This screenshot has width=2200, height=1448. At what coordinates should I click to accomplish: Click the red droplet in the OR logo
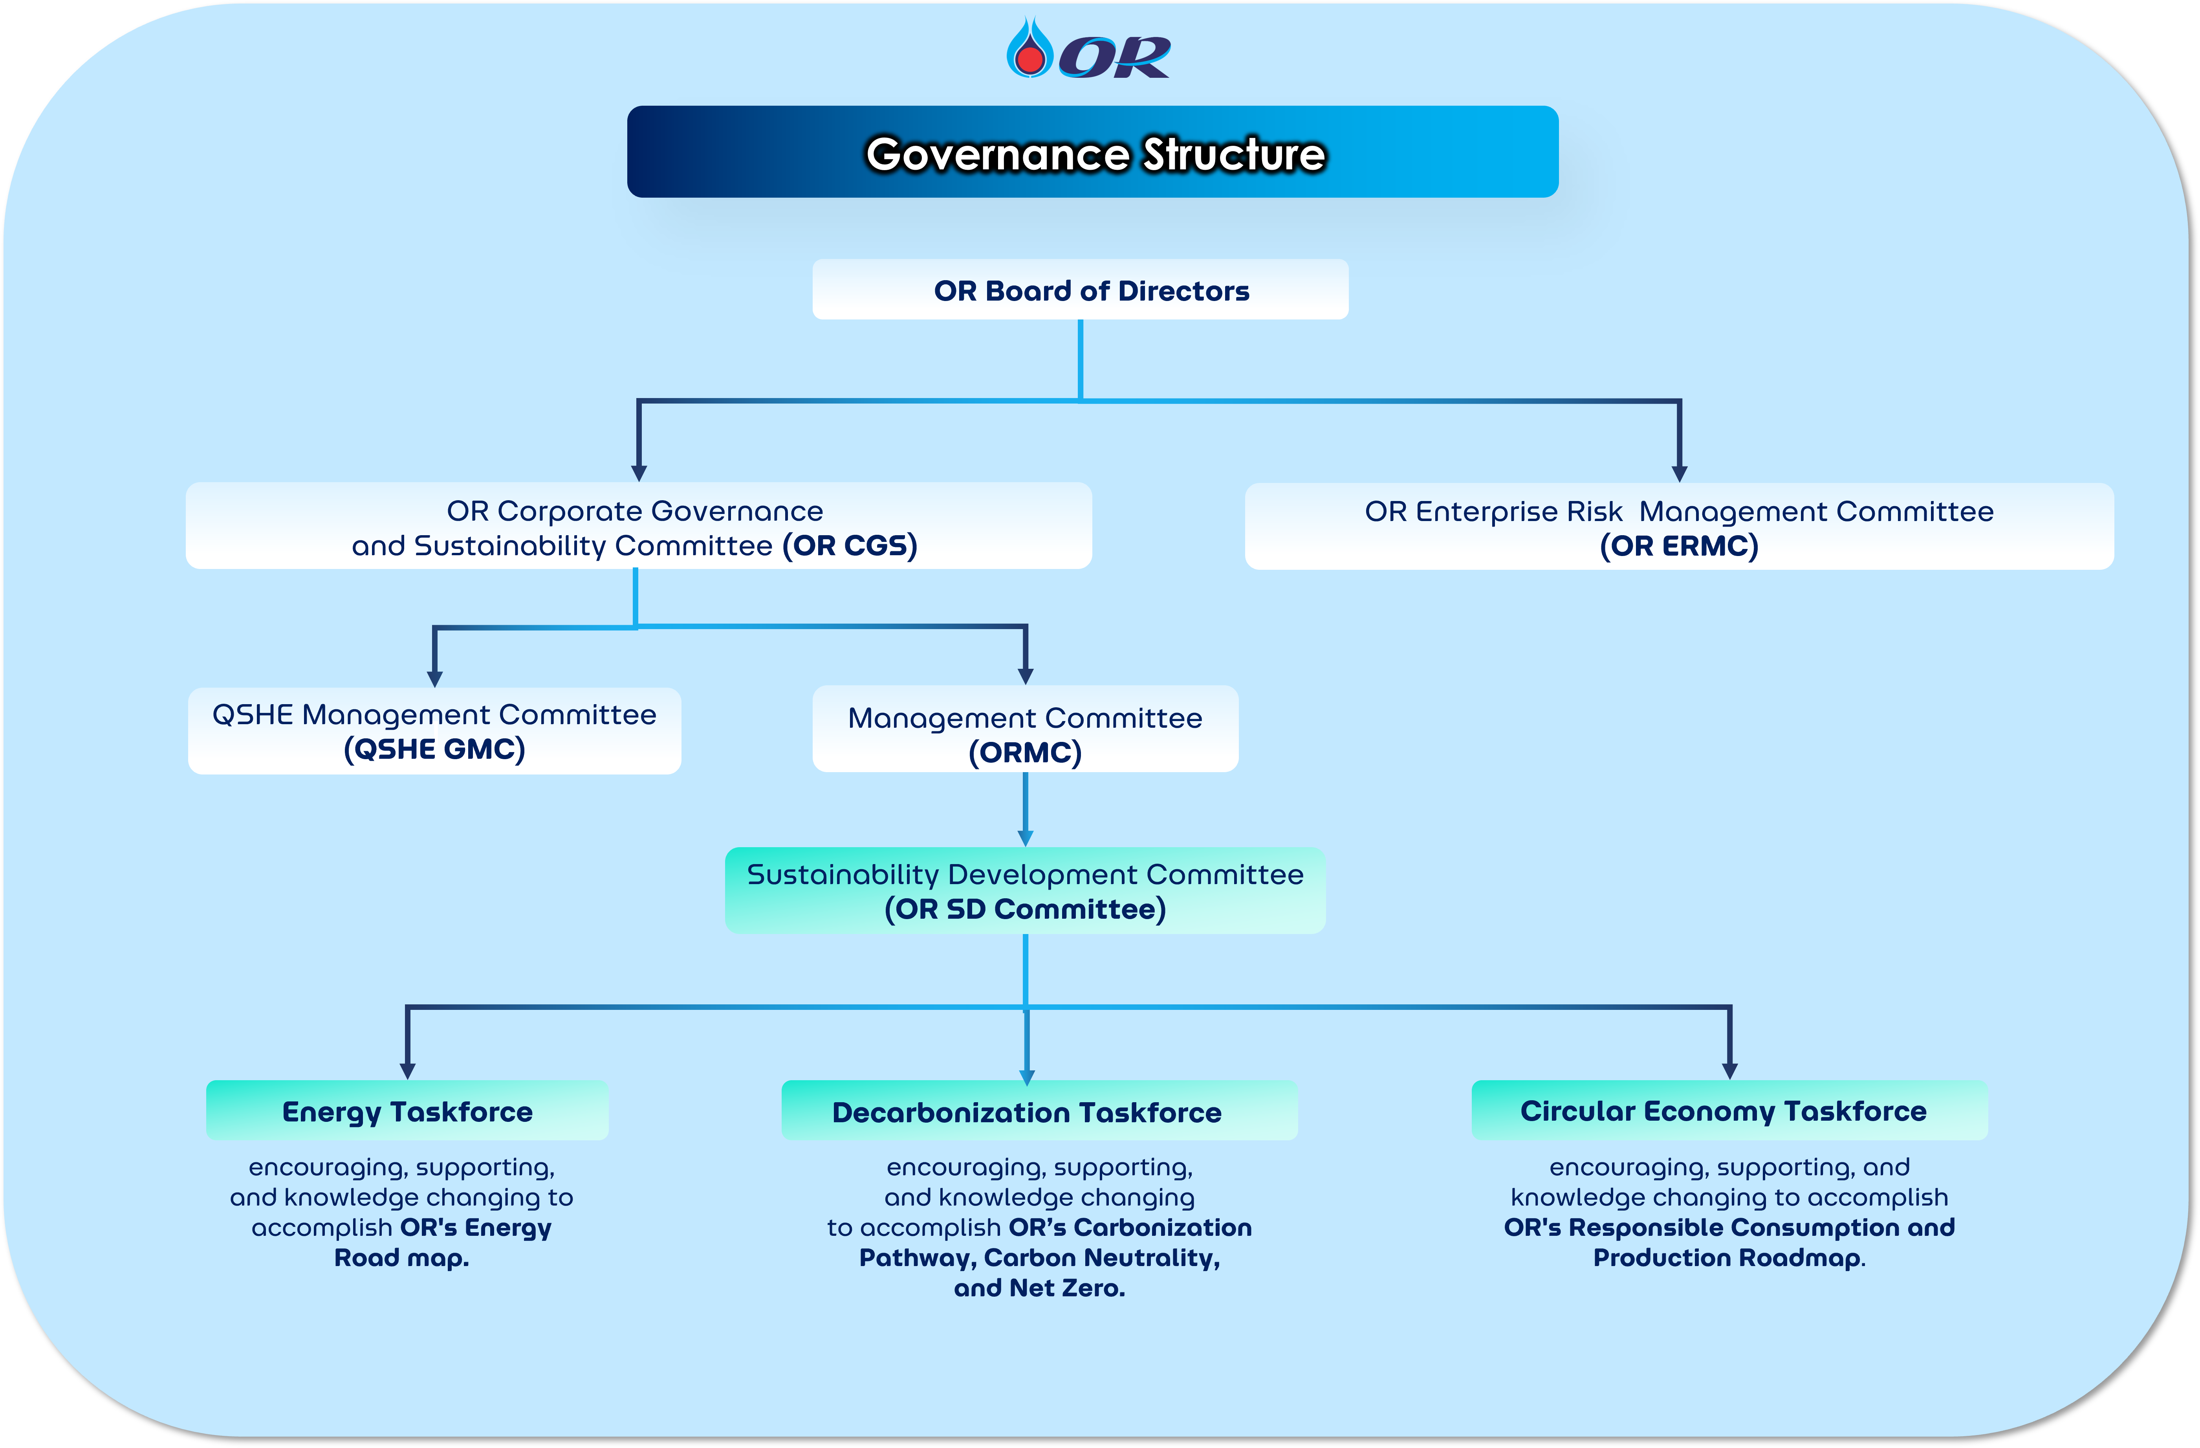pyautogui.click(x=1029, y=58)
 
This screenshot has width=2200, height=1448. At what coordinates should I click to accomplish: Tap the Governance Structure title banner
pyautogui.click(x=1093, y=152)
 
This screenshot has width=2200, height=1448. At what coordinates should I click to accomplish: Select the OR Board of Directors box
pyautogui.click(x=1080, y=290)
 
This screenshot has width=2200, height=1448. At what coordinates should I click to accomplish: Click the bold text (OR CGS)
pyautogui.click(x=850, y=545)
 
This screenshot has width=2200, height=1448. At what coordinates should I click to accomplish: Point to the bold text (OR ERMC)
pyautogui.click(x=1679, y=545)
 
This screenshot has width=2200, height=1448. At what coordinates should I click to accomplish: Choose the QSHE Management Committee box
pyautogui.click(x=434, y=730)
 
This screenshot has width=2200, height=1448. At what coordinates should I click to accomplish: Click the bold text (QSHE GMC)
pyautogui.click(x=434, y=749)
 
